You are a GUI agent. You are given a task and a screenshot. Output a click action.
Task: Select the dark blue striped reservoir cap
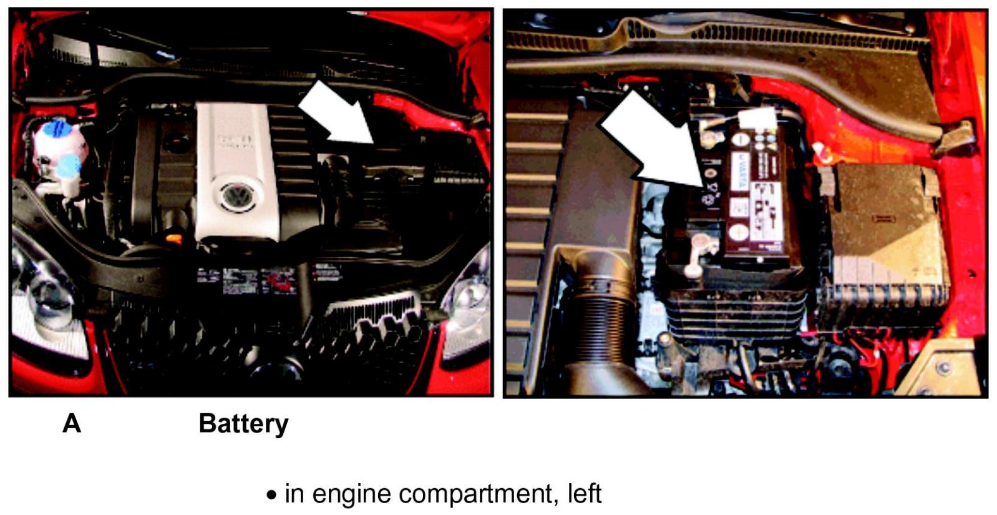[57, 129]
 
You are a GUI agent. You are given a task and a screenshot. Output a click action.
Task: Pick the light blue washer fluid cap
[70, 165]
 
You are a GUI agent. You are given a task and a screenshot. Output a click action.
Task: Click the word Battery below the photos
[243, 424]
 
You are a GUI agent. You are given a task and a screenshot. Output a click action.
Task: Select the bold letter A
[72, 423]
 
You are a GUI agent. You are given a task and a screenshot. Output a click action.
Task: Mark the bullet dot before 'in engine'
[271, 495]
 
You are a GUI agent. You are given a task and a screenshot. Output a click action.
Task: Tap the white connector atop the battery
[757, 119]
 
